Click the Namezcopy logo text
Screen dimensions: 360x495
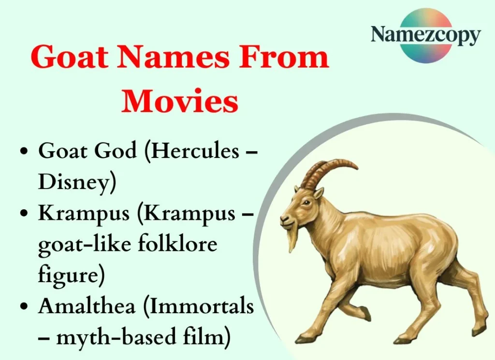[x=425, y=36]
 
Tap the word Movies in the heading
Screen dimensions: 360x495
[x=180, y=101]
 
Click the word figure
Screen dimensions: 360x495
[x=71, y=275]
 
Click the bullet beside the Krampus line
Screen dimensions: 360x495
[x=24, y=214]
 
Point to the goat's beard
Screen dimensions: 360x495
[x=292, y=239]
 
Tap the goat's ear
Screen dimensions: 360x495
[x=319, y=193]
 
